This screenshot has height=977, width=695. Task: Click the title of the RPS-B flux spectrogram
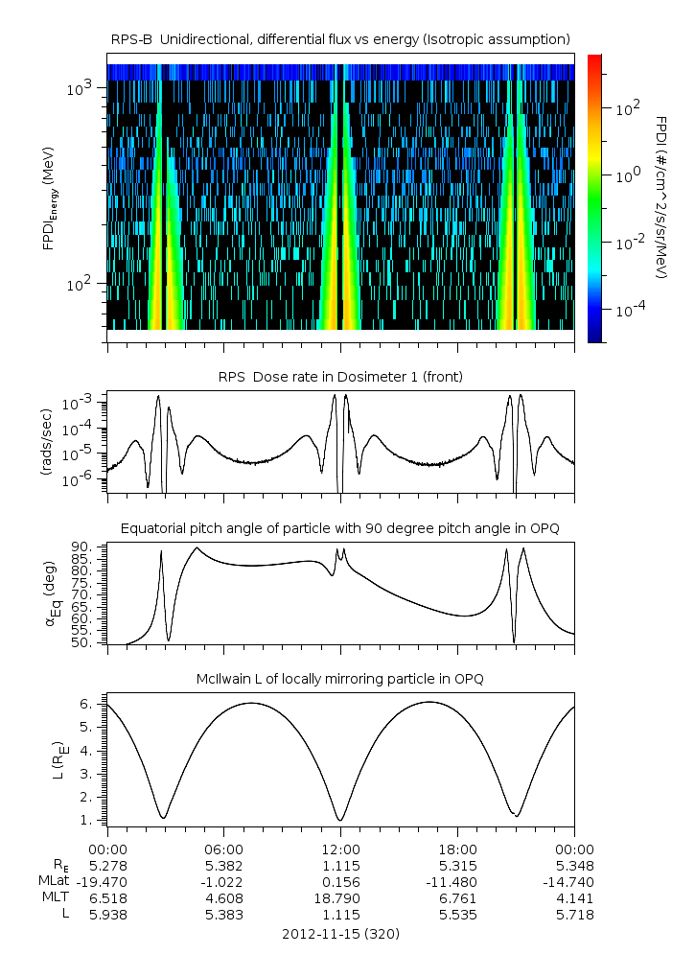point(340,38)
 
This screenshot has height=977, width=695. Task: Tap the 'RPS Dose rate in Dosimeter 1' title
point(340,377)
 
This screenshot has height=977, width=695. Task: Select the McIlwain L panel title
point(340,679)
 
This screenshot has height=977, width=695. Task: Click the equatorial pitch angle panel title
point(340,528)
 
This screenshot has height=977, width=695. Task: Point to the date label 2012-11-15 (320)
point(340,933)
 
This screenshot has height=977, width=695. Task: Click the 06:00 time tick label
point(224,849)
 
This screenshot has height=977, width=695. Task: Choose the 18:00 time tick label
point(457,849)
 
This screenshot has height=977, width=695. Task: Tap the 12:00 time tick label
point(340,849)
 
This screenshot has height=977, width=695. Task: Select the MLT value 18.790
point(340,897)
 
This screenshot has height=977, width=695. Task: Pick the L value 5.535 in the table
point(457,915)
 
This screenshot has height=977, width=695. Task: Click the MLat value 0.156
point(340,881)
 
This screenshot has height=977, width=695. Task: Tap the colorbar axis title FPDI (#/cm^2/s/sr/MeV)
point(661,197)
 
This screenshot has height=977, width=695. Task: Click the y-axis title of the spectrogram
point(48,197)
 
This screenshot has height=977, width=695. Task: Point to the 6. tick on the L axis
point(86,704)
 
